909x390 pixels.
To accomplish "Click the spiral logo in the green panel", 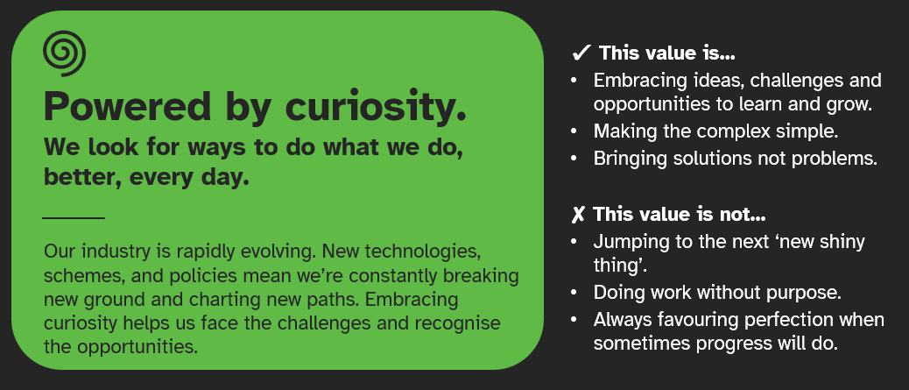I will point(64,54).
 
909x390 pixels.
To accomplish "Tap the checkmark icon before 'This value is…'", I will point(581,53).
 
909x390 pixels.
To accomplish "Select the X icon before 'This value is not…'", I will point(578,215).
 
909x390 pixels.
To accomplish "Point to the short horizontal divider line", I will point(74,216).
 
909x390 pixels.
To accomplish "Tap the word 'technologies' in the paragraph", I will point(426,251).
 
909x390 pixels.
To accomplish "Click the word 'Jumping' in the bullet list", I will point(629,241).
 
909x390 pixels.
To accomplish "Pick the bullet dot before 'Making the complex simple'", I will point(574,132).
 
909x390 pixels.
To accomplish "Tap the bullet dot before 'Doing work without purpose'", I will point(574,292).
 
